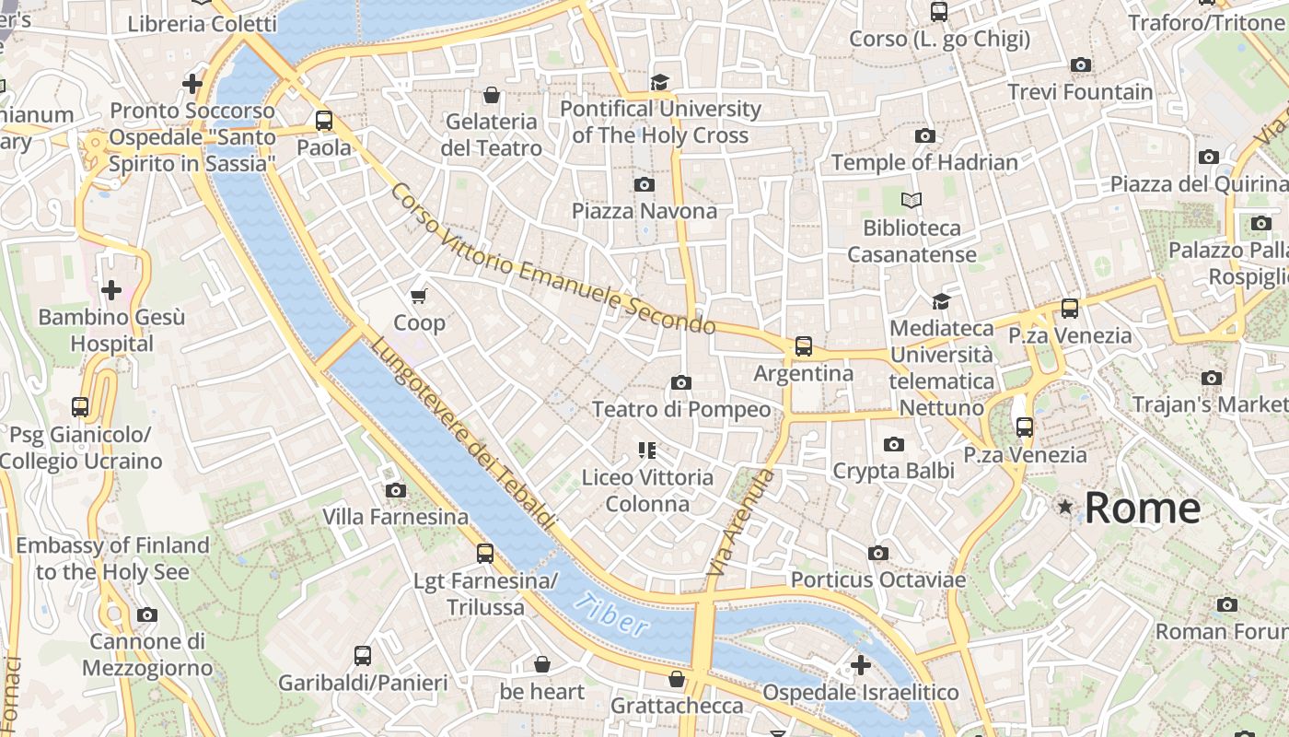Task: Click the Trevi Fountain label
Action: click(x=1080, y=92)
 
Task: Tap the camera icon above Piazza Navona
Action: click(x=644, y=184)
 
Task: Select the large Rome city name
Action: click(x=1143, y=508)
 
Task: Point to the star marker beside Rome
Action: click(x=1065, y=507)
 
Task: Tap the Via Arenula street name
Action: click(x=741, y=523)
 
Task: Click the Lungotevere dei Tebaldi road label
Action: click(x=464, y=433)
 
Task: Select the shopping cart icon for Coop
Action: click(x=419, y=296)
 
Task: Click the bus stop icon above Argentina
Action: click(x=804, y=346)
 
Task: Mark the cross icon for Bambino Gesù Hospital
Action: click(x=111, y=290)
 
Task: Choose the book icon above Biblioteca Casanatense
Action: click(x=912, y=200)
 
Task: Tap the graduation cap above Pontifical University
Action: click(x=659, y=82)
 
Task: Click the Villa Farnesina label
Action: click(x=395, y=517)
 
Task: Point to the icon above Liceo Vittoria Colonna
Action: click(x=646, y=450)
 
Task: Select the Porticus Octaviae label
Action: click(x=878, y=580)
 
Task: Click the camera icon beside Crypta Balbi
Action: click(x=893, y=445)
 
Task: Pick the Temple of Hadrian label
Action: click(x=924, y=162)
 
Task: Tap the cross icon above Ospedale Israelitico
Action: click(x=861, y=664)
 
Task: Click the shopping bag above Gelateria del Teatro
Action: click(x=492, y=95)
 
